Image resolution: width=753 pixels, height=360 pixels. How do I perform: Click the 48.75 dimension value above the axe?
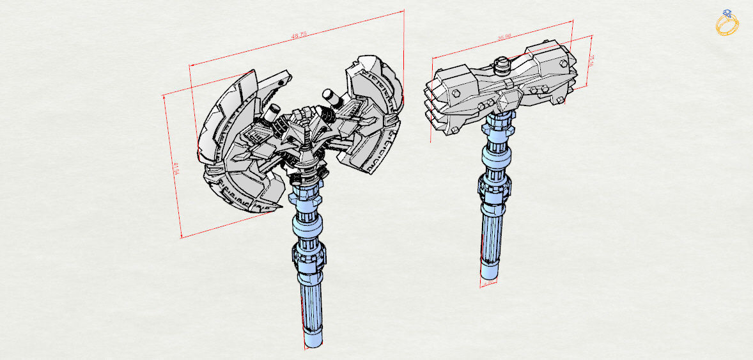(x=297, y=36)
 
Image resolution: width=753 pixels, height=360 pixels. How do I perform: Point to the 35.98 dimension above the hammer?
(x=504, y=38)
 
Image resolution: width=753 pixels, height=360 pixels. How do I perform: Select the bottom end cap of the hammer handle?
(x=488, y=273)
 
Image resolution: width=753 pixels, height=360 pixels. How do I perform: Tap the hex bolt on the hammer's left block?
(x=455, y=93)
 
